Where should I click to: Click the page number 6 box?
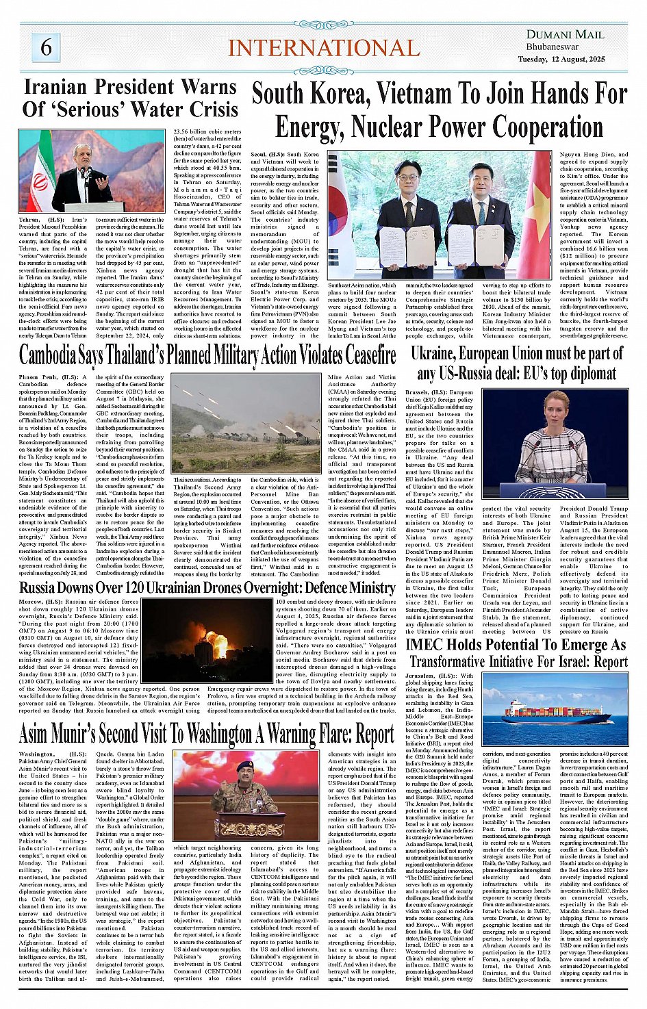pos(46,47)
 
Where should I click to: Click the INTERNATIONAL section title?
pos(323,48)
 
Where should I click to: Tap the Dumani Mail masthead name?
pos(565,34)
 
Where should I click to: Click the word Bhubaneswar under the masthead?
pos(553,47)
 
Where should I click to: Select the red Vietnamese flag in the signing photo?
pos(537,219)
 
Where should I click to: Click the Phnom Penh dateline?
pos(38,377)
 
